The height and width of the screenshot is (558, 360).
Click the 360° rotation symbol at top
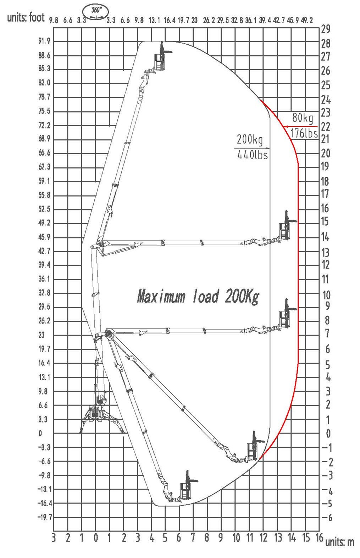96,12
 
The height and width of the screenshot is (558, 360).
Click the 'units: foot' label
26,17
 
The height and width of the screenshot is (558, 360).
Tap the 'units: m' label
340,542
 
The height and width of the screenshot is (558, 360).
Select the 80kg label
303,117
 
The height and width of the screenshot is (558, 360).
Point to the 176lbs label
304,133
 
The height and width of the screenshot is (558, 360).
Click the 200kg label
250,139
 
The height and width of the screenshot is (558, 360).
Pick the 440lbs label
253,155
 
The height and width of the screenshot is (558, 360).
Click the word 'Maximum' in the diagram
161,296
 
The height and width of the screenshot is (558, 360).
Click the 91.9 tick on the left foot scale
44,41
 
